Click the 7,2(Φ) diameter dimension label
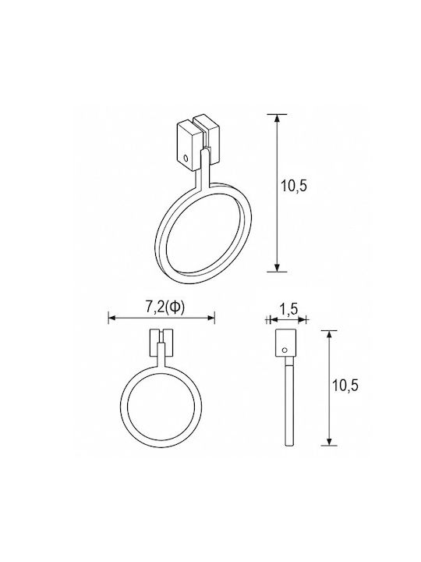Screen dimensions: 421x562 165,307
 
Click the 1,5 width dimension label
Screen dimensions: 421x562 288,308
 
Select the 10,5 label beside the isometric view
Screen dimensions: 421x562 294,186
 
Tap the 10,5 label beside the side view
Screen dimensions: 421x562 345,386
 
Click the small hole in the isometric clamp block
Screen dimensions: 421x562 186,158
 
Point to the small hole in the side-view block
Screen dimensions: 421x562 285,350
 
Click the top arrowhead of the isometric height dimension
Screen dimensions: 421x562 277,119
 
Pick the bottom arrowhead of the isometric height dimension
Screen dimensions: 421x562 277,268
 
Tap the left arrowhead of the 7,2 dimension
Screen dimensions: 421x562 112,318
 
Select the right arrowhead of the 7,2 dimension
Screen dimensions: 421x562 210,318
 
